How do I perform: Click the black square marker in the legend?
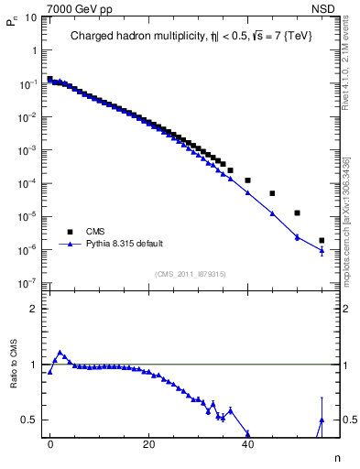click(x=67, y=232)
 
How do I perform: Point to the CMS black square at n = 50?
click(x=297, y=213)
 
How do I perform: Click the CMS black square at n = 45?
click(x=272, y=193)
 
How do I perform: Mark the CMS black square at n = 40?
click(x=247, y=180)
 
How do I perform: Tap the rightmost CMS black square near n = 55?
click(x=322, y=241)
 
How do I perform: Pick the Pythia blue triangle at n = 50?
click(x=297, y=236)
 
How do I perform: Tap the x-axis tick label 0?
click(x=50, y=443)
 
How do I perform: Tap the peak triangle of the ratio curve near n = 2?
click(x=60, y=353)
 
